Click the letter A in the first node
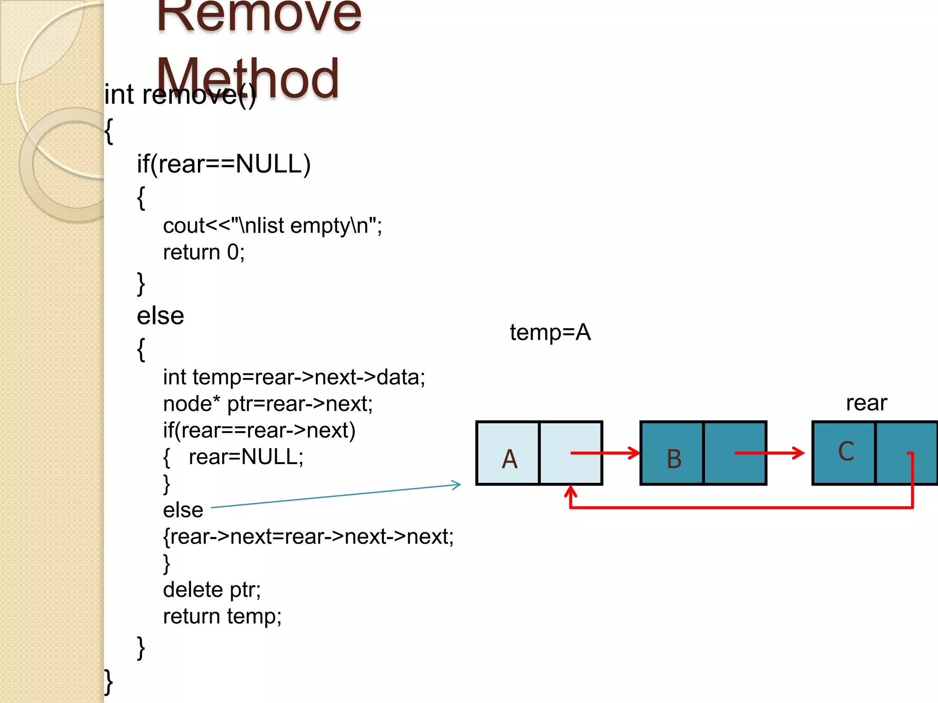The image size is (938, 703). click(x=509, y=459)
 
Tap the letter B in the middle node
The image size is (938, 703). click(x=674, y=459)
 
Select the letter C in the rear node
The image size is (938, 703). click(x=845, y=451)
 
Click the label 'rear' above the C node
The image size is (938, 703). click(x=866, y=403)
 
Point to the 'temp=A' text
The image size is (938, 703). click(x=550, y=332)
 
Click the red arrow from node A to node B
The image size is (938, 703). click(x=605, y=453)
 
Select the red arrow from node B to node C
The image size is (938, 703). click(x=769, y=453)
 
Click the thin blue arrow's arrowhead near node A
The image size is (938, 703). click(x=457, y=485)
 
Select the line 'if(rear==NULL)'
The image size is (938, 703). click(x=224, y=164)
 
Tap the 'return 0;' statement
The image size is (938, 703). click(x=204, y=252)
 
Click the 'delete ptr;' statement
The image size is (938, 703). click(x=212, y=589)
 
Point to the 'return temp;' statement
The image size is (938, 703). click(x=222, y=616)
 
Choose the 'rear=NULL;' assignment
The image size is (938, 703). click(x=246, y=457)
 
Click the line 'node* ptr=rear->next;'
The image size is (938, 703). click(x=268, y=404)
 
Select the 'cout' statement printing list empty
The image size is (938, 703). click(x=272, y=226)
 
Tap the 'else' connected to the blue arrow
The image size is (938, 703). click(x=183, y=510)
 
